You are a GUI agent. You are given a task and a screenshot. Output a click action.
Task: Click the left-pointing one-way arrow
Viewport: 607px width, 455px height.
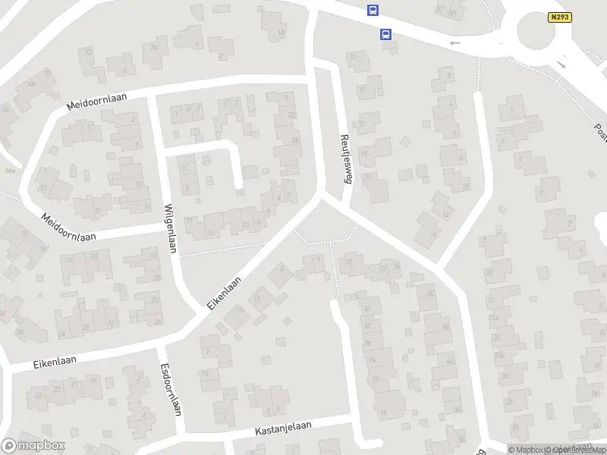point(455,43)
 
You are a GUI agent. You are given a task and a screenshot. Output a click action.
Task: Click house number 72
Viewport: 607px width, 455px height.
point(90,52)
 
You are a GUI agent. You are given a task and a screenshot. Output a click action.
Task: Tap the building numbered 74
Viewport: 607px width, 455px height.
point(153,46)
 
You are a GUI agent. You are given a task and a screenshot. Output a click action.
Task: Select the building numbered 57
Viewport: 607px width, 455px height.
point(441,9)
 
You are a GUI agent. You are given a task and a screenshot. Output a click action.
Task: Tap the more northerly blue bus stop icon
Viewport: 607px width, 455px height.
point(373,10)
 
